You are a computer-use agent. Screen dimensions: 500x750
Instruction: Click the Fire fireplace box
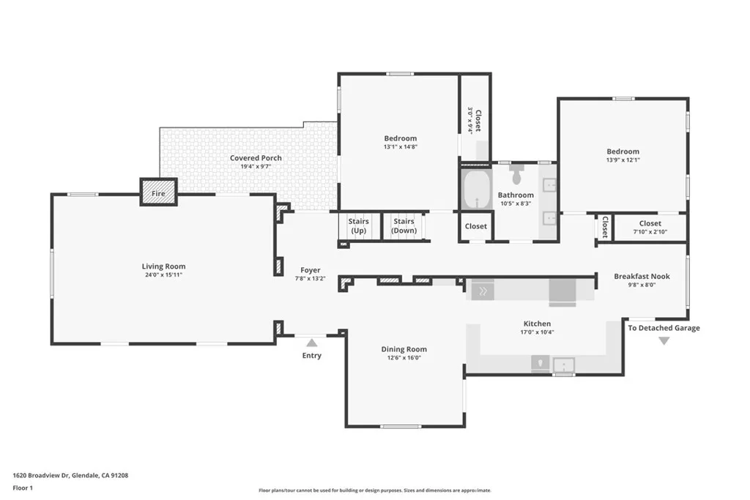click(x=159, y=193)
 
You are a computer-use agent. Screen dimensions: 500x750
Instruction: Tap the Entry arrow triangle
click(x=311, y=342)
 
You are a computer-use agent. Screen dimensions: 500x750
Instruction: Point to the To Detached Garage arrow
click(x=664, y=340)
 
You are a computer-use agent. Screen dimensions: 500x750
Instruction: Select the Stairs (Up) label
click(x=358, y=225)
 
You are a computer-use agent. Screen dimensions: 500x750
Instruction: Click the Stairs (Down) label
click(x=404, y=225)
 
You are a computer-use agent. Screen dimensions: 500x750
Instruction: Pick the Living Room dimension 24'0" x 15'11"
click(x=163, y=276)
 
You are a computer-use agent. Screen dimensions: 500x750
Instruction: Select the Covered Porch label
click(x=256, y=158)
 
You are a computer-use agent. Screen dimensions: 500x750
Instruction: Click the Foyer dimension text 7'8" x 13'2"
click(x=311, y=279)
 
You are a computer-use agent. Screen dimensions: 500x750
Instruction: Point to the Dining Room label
click(x=404, y=349)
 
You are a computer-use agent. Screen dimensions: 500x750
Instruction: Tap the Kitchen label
click(x=537, y=324)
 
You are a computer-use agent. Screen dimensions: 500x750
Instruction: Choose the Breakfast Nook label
click(x=642, y=276)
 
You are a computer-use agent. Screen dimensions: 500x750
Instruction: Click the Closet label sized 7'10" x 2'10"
click(x=650, y=223)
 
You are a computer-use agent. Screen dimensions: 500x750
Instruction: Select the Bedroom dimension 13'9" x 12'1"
click(x=623, y=160)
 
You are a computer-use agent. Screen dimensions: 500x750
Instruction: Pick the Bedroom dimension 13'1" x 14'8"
click(x=400, y=146)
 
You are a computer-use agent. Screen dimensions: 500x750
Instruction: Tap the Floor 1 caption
click(x=23, y=488)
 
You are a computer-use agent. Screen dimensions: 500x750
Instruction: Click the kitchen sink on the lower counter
click(x=564, y=362)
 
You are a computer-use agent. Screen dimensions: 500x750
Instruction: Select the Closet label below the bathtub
click(x=476, y=226)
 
